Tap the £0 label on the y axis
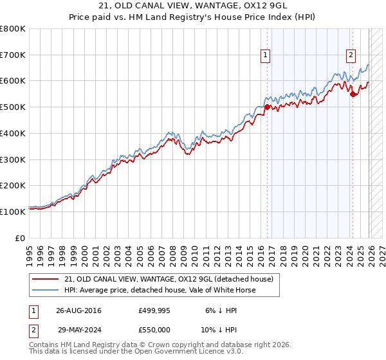21,237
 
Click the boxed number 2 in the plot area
351,55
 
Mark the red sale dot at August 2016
268,107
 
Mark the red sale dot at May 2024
353,94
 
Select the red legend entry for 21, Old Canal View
169,279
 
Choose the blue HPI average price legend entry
160,290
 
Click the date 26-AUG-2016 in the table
78,310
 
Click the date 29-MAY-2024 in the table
78,329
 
